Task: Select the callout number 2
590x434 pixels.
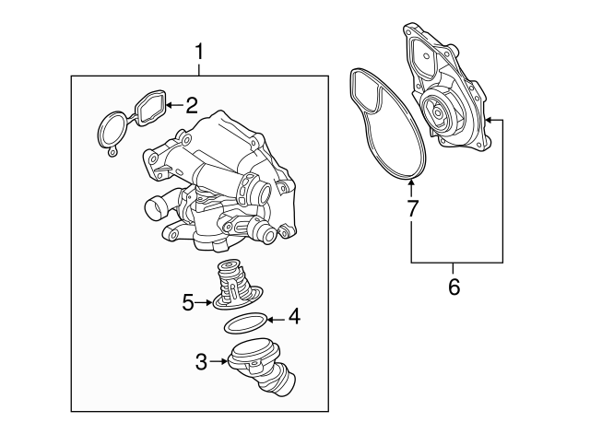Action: point(192,106)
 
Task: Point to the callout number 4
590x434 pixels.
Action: point(293,318)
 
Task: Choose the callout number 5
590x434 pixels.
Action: point(188,301)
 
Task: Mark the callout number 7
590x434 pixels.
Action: point(411,208)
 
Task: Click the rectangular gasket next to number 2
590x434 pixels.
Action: point(149,108)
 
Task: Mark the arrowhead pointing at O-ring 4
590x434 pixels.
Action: point(273,319)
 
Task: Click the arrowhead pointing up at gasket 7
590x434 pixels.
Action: point(411,186)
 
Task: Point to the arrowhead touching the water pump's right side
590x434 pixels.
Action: point(489,120)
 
